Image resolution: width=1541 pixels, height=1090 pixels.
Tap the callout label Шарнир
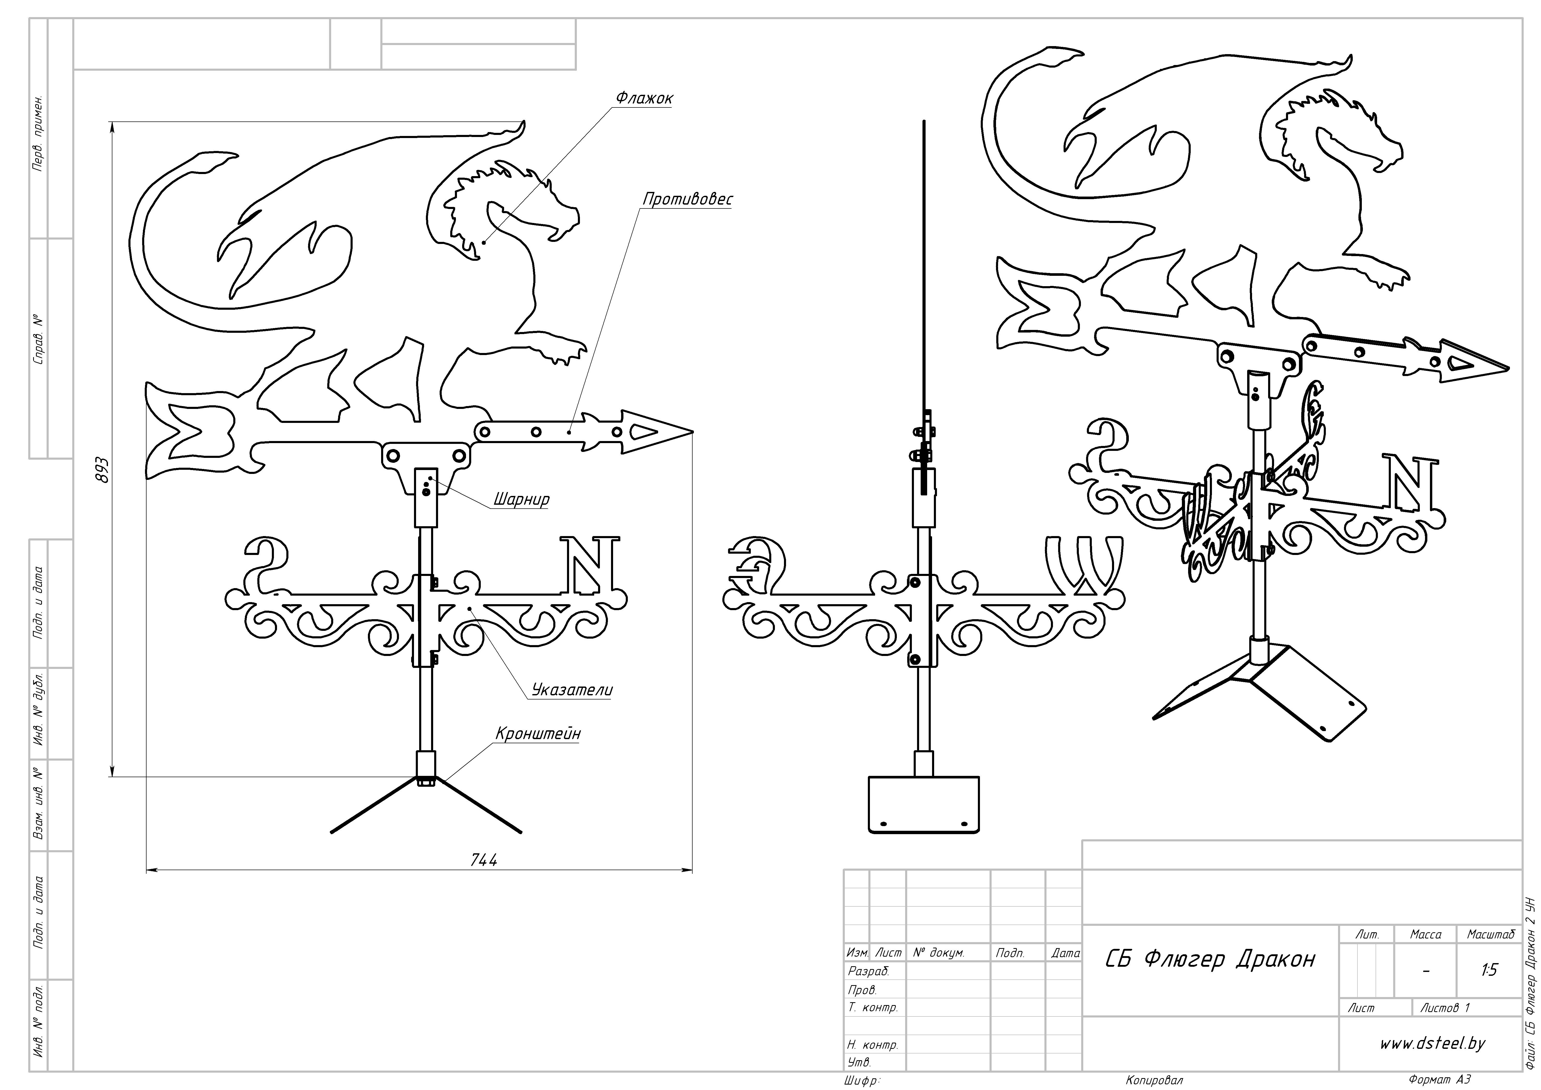[x=521, y=499]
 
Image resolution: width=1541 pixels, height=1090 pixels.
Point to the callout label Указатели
[x=572, y=690]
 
